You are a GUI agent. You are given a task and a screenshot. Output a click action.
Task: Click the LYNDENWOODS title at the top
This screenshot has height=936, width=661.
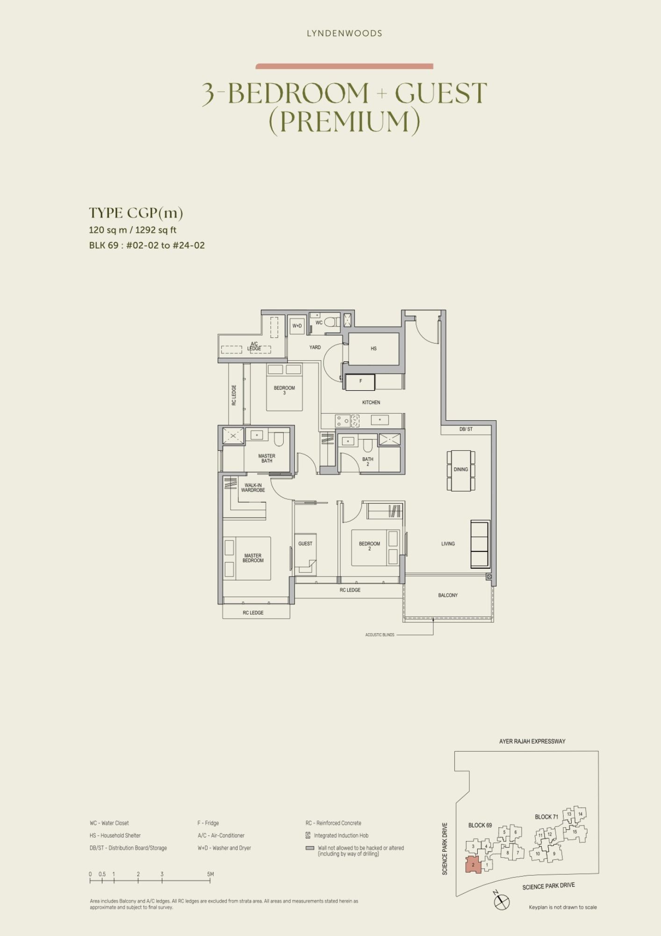[345, 33]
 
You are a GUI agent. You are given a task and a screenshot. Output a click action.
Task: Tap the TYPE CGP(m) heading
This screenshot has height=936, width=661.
[136, 213]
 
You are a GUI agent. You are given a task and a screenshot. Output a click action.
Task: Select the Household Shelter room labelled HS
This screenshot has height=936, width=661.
[374, 349]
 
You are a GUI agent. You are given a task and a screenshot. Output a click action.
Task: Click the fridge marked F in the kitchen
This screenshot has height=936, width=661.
[360, 382]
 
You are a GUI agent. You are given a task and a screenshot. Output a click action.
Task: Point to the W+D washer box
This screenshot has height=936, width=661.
[297, 326]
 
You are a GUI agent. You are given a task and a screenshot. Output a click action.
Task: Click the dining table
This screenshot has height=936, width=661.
[461, 470]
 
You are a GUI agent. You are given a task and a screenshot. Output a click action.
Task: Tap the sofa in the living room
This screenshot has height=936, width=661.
[480, 544]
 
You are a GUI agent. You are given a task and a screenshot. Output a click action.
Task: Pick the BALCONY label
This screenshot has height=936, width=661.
[448, 595]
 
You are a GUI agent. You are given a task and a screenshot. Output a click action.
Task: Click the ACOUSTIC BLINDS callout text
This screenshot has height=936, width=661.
[380, 635]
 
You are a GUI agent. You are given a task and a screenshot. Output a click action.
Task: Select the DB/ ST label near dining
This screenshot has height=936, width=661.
[466, 429]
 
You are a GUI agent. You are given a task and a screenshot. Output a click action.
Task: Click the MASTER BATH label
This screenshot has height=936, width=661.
[267, 458]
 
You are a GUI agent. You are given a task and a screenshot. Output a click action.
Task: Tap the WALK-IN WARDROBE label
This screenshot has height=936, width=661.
[253, 488]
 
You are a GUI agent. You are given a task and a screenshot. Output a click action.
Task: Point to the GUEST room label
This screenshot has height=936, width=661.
[305, 544]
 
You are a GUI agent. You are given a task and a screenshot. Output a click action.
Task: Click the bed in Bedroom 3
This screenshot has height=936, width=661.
[284, 388]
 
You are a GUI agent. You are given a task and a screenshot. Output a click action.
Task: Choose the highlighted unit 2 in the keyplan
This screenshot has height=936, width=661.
[473, 865]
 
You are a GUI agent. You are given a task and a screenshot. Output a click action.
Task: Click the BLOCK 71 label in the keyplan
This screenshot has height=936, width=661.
[546, 817]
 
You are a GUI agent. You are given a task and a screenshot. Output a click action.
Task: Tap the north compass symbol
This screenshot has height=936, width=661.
[502, 901]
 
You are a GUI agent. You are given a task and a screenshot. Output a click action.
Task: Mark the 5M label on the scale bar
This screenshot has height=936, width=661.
[210, 874]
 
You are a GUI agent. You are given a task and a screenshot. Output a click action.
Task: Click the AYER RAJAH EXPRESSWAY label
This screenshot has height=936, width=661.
[532, 741]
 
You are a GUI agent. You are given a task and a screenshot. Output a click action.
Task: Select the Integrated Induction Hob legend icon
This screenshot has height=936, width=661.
[308, 835]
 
